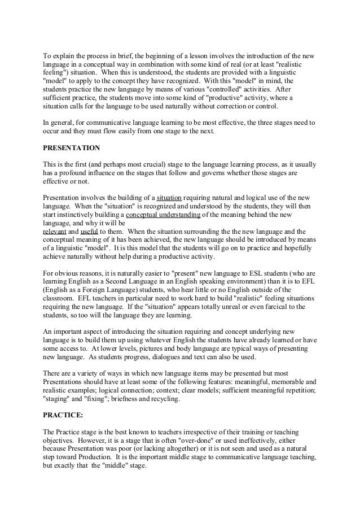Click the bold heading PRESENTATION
tap(72, 148)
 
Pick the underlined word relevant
tap(55, 232)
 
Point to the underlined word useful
tap(90, 232)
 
